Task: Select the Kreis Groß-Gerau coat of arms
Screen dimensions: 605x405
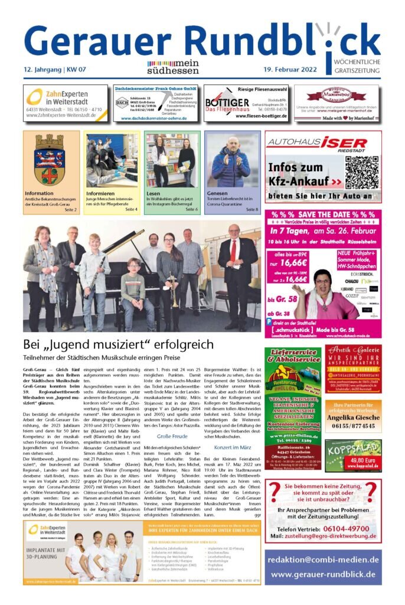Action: point(50,160)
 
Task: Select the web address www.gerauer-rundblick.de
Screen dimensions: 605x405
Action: point(322,574)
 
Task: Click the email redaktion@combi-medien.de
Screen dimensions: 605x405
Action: point(322,559)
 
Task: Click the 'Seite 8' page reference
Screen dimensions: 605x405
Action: point(252,209)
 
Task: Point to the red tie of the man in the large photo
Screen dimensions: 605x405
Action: point(234,251)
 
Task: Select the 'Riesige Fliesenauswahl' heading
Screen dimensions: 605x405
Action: point(262,89)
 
